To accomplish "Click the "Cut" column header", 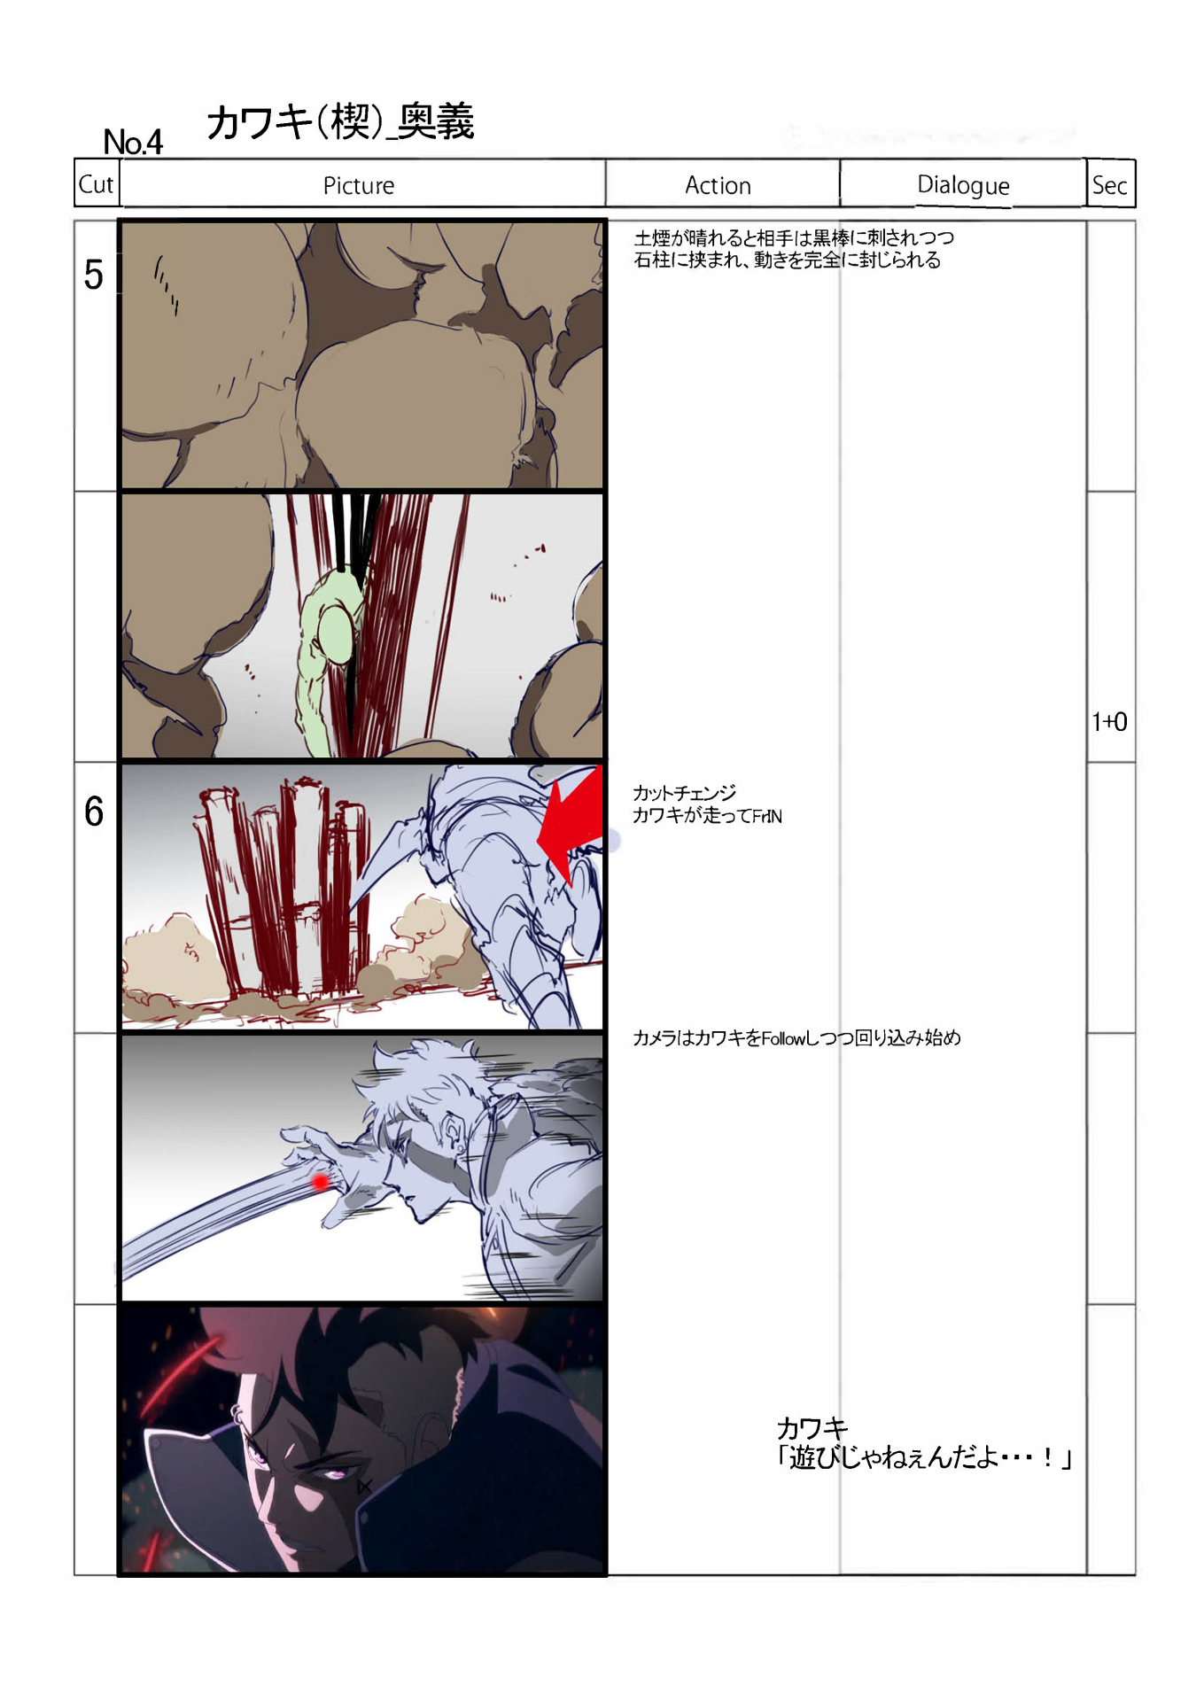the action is click(96, 184).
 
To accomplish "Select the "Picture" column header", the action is click(358, 185).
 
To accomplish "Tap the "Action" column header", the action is click(718, 185).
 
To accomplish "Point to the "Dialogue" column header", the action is click(963, 185).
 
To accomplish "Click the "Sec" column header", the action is click(1109, 185).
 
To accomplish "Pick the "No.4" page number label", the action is click(133, 142).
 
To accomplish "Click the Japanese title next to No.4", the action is click(341, 121).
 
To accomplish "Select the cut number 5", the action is click(93, 275).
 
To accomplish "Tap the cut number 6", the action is click(94, 812).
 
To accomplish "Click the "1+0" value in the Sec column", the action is click(1109, 722).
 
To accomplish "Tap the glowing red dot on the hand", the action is click(320, 1182).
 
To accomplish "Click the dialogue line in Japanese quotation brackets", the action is click(924, 1458).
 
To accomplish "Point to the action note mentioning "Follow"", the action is click(796, 1037).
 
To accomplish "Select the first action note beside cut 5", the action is click(794, 249).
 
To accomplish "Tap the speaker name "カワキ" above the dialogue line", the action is click(812, 1428).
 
